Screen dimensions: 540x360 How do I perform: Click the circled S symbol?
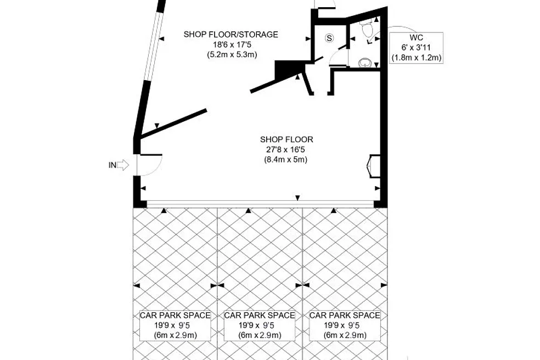[330, 38]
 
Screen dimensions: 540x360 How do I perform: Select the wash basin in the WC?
[364, 63]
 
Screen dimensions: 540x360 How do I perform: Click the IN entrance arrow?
[122, 165]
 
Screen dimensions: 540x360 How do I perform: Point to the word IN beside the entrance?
[113, 165]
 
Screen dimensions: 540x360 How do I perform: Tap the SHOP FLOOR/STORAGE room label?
[230, 35]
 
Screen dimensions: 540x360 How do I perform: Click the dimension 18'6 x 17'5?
[232, 44]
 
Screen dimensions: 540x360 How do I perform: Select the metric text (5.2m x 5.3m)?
[232, 54]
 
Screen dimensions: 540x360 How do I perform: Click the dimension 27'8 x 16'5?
[285, 149]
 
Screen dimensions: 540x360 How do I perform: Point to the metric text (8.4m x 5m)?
[285, 160]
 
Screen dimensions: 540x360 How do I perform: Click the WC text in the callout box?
[416, 37]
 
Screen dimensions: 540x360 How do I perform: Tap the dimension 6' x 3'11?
[416, 48]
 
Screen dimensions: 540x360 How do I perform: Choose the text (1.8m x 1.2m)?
[416, 58]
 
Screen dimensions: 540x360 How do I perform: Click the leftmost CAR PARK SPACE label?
[175, 315]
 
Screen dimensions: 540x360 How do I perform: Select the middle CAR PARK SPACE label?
[260, 315]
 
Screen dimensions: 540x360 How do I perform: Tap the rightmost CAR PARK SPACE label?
[345, 315]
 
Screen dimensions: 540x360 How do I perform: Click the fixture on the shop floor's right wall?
[374, 166]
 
